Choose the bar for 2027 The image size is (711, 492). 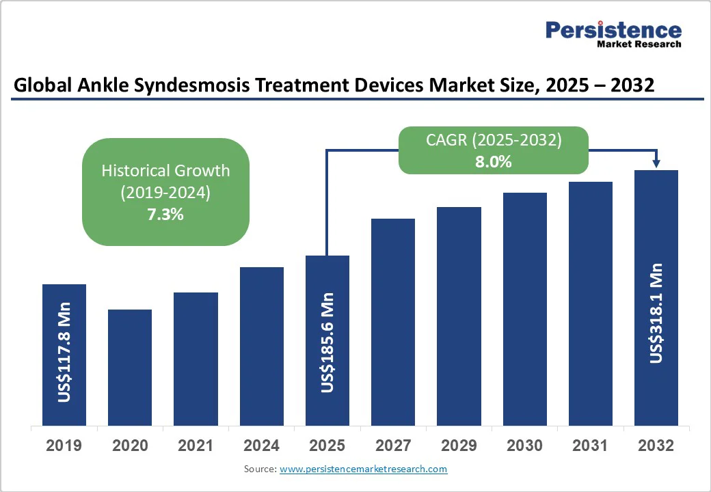(393, 321)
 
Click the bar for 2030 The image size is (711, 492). (525, 308)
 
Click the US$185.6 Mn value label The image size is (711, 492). (327, 342)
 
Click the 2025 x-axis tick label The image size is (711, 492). (327, 446)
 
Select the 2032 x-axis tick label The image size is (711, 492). (656, 446)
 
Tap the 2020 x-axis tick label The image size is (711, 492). (130, 446)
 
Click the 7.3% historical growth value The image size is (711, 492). (165, 215)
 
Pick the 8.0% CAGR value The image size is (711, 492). (494, 162)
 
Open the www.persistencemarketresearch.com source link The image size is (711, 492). (363, 469)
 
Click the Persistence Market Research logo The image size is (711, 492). (613, 33)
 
